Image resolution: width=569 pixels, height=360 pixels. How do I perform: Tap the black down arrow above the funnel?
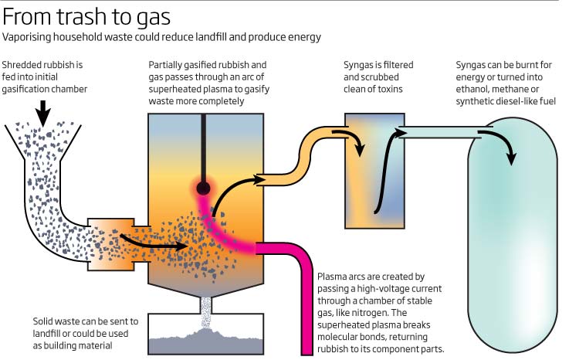click(43, 114)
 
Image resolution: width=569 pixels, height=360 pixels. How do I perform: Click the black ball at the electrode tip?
click(204, 187)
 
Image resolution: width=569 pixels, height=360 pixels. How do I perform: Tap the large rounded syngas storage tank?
click(512, 232)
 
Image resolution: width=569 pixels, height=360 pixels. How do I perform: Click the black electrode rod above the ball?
click(204, 147)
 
